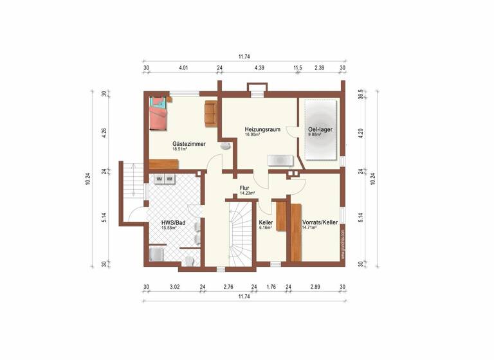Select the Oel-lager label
319,129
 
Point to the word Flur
244,188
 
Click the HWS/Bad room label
173,222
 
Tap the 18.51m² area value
179,149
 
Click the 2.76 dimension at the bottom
228,287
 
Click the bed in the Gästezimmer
158,116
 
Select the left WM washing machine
158,179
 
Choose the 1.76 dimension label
271,287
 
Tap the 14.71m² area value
309,228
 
